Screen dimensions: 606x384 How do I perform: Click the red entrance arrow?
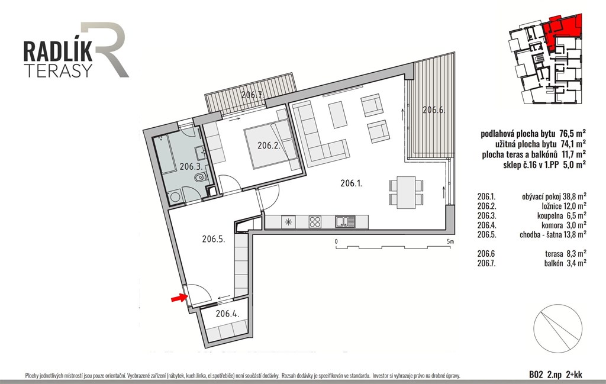[179, 298]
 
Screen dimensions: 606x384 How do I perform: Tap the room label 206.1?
[352, 183]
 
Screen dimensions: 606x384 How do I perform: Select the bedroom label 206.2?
[269, 146]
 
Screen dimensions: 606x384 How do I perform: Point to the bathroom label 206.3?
[191, 166]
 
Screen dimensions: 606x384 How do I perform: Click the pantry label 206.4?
[227, 314]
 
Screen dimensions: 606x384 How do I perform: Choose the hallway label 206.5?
[213, 239]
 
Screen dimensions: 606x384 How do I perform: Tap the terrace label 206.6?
[434, 110]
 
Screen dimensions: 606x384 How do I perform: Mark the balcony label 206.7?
[252, 95]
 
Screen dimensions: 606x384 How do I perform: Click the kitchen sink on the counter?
[345, 222]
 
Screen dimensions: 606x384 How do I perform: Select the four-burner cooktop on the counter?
[315, 222]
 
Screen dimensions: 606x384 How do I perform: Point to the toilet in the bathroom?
[200, 178]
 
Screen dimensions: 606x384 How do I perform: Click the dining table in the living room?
[406, 192]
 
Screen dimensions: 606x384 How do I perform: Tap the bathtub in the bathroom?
[165, 154]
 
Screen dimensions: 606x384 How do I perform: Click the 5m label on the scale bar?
[450, 241]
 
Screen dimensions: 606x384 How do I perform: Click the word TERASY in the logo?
[58, 70]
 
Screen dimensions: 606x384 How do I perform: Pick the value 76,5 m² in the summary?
[572, 134]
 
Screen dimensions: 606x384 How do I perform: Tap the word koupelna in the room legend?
[550, 215]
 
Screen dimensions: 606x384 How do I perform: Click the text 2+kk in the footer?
[573, 374]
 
